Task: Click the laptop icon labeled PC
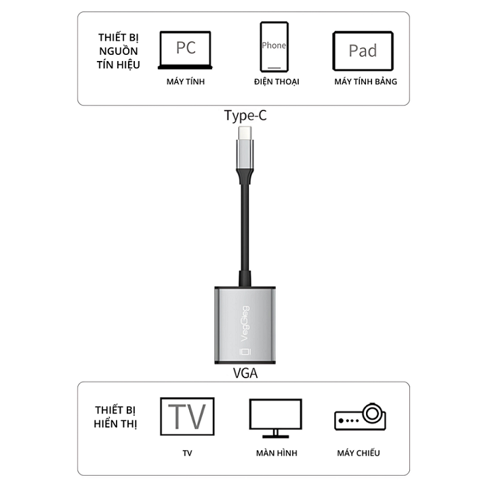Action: point(185,50)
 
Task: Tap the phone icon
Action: point(274,47)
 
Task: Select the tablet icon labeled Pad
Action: point(363,51)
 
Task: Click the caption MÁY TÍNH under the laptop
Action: point(186,81)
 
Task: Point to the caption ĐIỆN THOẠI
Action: point(277,81)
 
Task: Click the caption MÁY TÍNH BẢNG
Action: point(366,81)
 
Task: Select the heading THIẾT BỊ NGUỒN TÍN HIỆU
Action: point(118,51)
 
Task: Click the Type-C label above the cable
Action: point(245,115)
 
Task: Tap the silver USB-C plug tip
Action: point(245,134)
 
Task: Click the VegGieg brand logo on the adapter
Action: point(245,324)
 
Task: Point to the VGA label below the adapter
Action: point(245,373)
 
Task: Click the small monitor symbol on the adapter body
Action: point(245,351)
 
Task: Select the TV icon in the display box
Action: point(187,416)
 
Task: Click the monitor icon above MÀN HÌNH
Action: point(276,418)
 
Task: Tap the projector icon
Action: point(360,417)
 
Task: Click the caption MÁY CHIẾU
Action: point(359,453)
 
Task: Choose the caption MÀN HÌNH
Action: point(277,453)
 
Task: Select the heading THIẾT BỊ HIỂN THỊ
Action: point(115,417)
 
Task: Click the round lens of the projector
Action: point(372,413)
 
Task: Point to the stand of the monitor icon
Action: point(276,434)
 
